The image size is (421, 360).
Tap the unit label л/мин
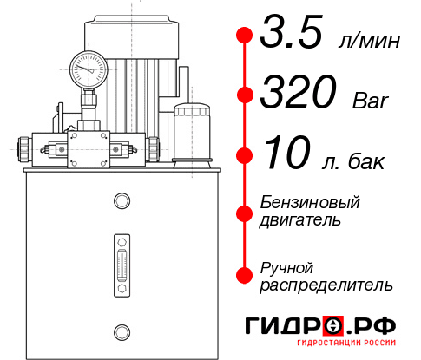coord(369,40)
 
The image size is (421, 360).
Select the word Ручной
coord(287,266)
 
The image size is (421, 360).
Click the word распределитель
coord(327,285)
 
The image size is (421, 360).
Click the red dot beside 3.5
coord(245,36)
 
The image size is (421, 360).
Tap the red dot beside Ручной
coord(245,274)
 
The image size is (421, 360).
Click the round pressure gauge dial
coord(88,67)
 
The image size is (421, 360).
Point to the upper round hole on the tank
coord(121,201)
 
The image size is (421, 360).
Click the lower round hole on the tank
coord(121,331)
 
